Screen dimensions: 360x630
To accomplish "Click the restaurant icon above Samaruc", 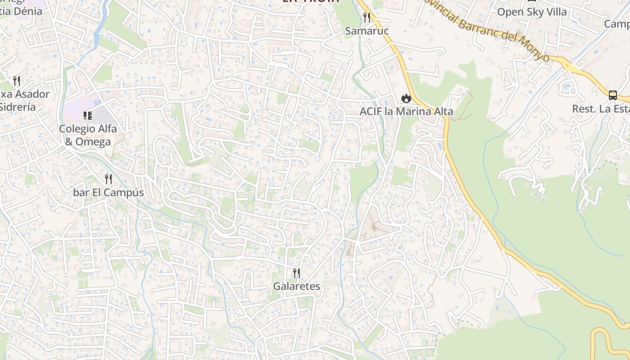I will click(x=367, y=18).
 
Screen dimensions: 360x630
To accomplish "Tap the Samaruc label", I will click(x=367, y=31).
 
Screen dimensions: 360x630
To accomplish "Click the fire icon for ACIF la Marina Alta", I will click(x=406, y=98).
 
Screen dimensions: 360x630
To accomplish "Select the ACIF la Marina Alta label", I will click(x=406, y=111).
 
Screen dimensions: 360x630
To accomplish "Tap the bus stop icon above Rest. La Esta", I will click(x=612, y=95).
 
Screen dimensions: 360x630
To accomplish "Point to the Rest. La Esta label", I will click(x=601, y=109).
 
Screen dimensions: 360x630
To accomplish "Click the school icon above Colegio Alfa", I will click(x=88, y=116).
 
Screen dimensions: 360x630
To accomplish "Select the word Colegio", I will click(x=77, y=129).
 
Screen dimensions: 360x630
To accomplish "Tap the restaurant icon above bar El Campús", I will click(x=108, y=179).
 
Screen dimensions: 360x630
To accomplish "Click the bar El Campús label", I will click(x=108, y=193).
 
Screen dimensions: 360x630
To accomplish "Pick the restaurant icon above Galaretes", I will click(x=297, y=273).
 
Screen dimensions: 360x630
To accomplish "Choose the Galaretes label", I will click(x=297, y=286).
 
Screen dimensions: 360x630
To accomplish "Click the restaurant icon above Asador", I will click(x=17, y=81).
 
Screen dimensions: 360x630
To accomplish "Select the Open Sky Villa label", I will click(x=531, y=12).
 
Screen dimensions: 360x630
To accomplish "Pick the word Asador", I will click(x=31, y=94).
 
